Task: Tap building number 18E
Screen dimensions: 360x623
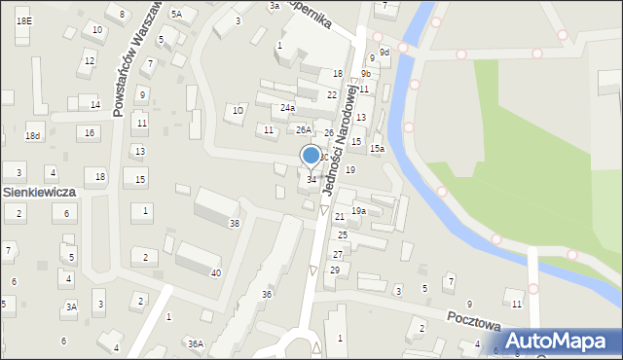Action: [x=23, y=20]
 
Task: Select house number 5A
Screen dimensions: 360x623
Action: [x=176, y=15]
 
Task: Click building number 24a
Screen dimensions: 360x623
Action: [x=287, y=108]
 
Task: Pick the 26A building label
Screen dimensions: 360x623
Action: [x=304, y=130]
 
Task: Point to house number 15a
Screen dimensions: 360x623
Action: [x=377, y=149]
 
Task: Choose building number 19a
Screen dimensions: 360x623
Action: [x=358, y=211]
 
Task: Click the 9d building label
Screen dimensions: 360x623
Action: [x=385, y=53]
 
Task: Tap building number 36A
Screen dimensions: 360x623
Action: [x=196, y=343]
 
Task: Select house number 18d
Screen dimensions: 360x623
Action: [x=33, y=136]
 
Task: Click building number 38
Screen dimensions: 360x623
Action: [x=234, y=225]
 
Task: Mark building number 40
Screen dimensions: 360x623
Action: [x=216, y=272]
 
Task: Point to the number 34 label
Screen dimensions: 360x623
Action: [x=311, y=180]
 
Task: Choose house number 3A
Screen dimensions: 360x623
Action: [x=70, y=306]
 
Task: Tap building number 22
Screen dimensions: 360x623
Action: [x=332, y=95]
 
